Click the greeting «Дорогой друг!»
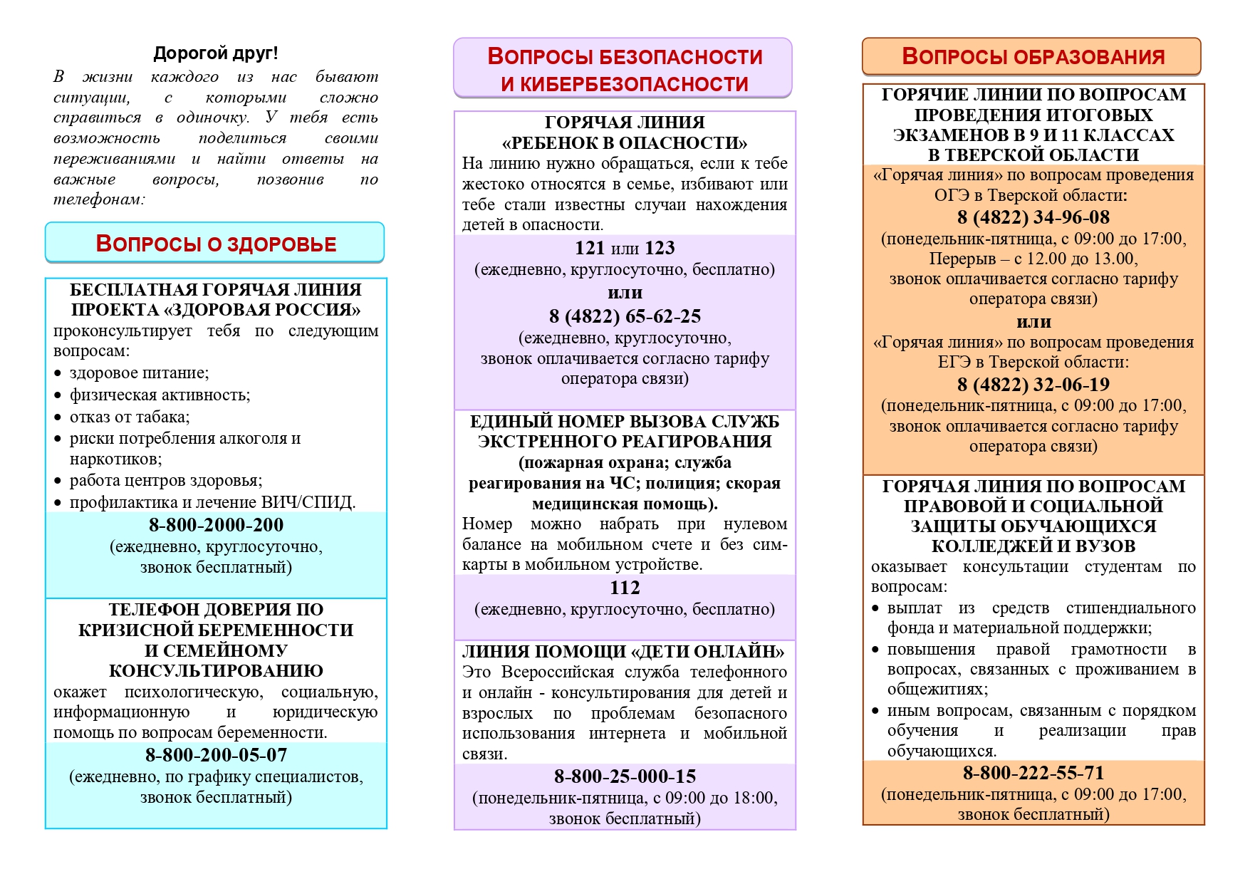(216, 53)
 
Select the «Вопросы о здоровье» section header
(215, 244)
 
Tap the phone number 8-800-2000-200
(216, 525)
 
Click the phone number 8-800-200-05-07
(216, 755)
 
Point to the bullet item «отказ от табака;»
(129, 417)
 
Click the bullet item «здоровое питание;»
(139, 373)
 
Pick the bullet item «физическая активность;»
(160, 395)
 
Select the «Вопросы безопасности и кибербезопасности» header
(624, 69)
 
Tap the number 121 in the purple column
(589, 248)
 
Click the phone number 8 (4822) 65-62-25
(625, 316)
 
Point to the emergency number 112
(625, 588)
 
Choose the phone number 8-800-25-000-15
(625, 776)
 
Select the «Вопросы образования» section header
(1033, 56)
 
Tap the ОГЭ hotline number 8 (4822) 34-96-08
(1033, 217)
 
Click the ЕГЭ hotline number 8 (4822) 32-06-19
(1033, 385)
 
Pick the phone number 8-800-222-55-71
(1033, 773)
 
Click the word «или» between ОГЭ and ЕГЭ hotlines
(1033, 321)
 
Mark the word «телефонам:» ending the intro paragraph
(99, 199)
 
